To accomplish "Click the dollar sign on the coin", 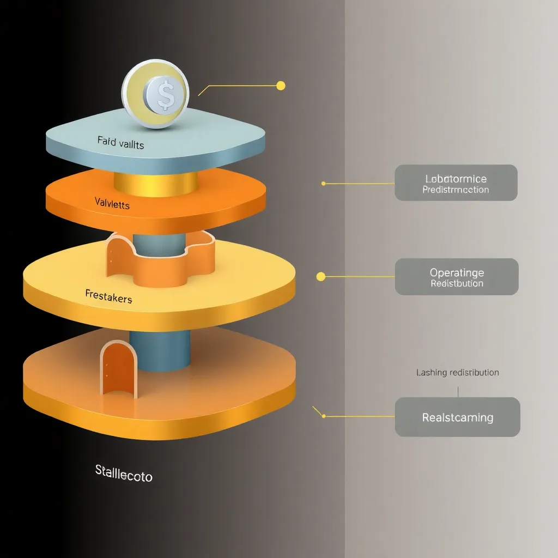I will [165, 94].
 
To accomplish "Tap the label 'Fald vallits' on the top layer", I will [121, 143].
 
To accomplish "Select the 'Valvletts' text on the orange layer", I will [112, 203].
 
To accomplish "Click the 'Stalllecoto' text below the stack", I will [124, 472].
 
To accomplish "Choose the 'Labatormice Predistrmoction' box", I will [456, 183].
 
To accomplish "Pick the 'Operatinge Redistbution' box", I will [457, 277].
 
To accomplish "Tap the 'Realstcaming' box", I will [457, 417].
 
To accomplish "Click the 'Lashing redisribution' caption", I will [457, 373].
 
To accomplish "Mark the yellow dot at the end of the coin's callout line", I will [281, 86].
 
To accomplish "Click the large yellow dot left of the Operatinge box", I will [321, 277].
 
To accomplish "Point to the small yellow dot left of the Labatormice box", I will [323, 184].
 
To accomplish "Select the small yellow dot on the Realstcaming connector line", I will [324, 416].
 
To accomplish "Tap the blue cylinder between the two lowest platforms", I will [160, 349].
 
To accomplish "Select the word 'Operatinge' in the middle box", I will [457, 272].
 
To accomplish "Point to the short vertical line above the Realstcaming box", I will [458, 391].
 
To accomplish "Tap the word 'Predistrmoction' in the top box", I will [456, 190].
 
